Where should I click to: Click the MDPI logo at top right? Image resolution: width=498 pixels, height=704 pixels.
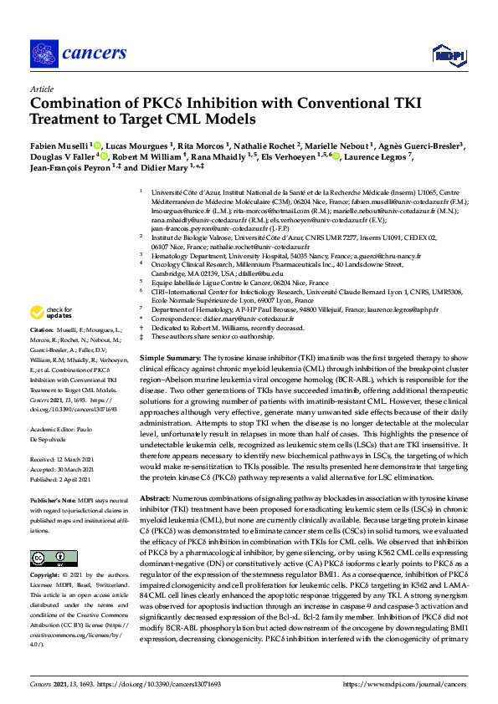tap(448, 55)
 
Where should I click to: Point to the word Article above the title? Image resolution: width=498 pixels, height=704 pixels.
tap(41, 88)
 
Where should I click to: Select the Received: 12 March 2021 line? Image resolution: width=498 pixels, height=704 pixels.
tap(67, 459)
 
